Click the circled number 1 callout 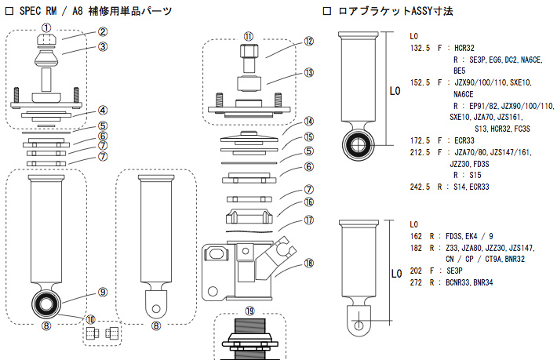tap(47, 27)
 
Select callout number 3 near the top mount tap(103, 47)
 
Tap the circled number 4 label tap(103, 111)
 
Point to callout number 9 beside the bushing tap(103, 291)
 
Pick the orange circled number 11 tap(249, 36)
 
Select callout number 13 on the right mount tap(309, 72)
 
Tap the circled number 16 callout tap(309, 202)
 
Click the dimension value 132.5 tap(422, 48)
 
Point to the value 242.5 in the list tap(422, 187)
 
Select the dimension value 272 tap(417, 285)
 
